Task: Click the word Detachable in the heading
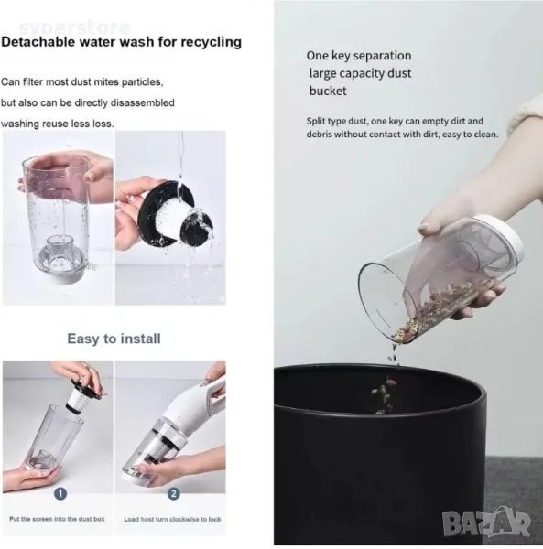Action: tap(38, 42)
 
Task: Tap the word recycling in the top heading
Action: tap(211, 42)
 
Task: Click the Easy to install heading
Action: tap(114, 339)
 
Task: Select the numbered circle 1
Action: tap(60, 494)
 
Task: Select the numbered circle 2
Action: tap(173, 494)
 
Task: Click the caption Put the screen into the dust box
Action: tap(57, 519)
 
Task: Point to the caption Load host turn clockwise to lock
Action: tap(172, 519)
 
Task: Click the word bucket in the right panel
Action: tap(328, 91)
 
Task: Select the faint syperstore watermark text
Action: tap(74, 27)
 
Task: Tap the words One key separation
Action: tap(359, 56)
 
